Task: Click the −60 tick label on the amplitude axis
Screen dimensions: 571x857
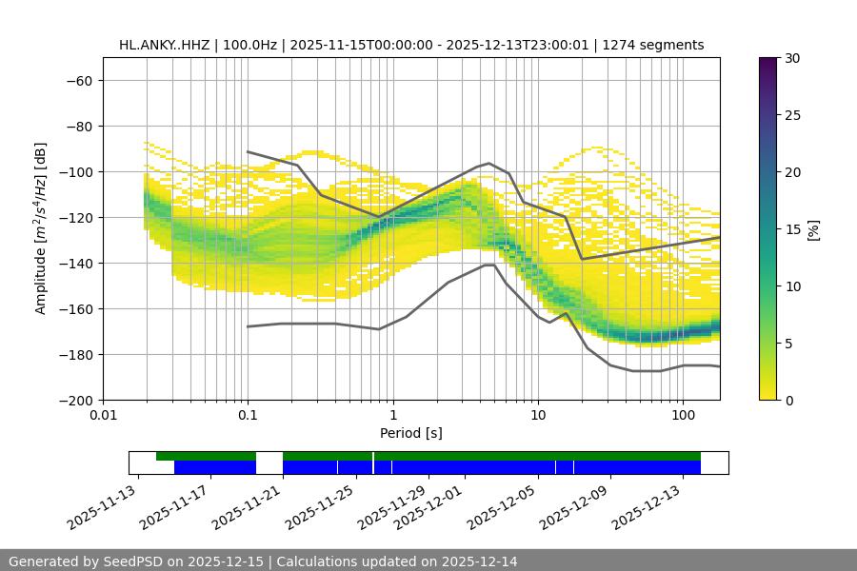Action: pyautogui.click(x=79, y=80)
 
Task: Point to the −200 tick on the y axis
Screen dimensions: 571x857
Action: pyautogui.click(x=75, y=400)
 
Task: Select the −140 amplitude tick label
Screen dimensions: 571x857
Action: pyautogui.click(x=75, y=263)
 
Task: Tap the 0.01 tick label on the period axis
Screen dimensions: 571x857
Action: pyautogui.click(x=103, y=416)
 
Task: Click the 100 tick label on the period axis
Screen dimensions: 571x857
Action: pyautogui.click(x=683, y=416)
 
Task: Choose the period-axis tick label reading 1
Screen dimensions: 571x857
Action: pyautogui.click(x=392, y=416)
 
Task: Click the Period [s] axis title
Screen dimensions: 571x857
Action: pyautogui.click(x=410, y=433)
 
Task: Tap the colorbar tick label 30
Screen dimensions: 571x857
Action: pyautogui.click(x=792, y=58)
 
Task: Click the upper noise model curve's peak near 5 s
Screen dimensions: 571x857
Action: pyautogui.click(x=489, y=163)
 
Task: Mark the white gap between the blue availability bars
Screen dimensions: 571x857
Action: pyautogui.click(x=269, y=467)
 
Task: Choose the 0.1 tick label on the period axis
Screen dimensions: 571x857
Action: pyautogui.click(x=248, y=416)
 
